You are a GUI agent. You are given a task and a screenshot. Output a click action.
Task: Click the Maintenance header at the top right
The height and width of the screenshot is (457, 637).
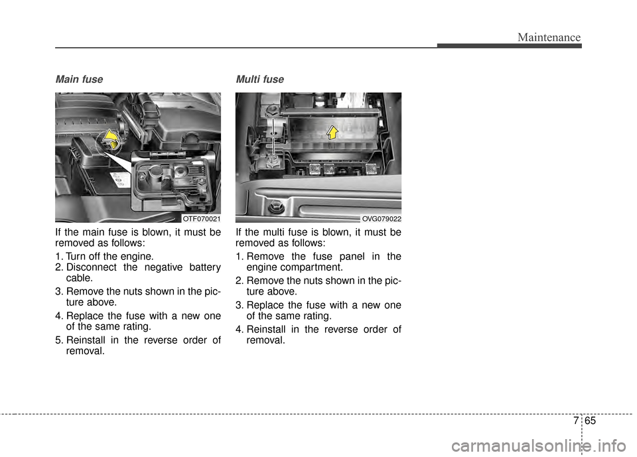click(550, 38)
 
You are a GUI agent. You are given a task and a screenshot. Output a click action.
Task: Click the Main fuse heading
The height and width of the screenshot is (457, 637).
click(79, 80)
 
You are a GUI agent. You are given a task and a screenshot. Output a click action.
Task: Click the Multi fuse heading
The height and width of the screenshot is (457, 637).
click(259, 80)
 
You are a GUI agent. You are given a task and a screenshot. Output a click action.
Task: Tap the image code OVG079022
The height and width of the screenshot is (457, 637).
click(382, 218)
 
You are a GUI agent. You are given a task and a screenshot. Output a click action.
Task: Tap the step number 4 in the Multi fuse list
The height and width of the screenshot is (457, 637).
click(239, 330)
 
